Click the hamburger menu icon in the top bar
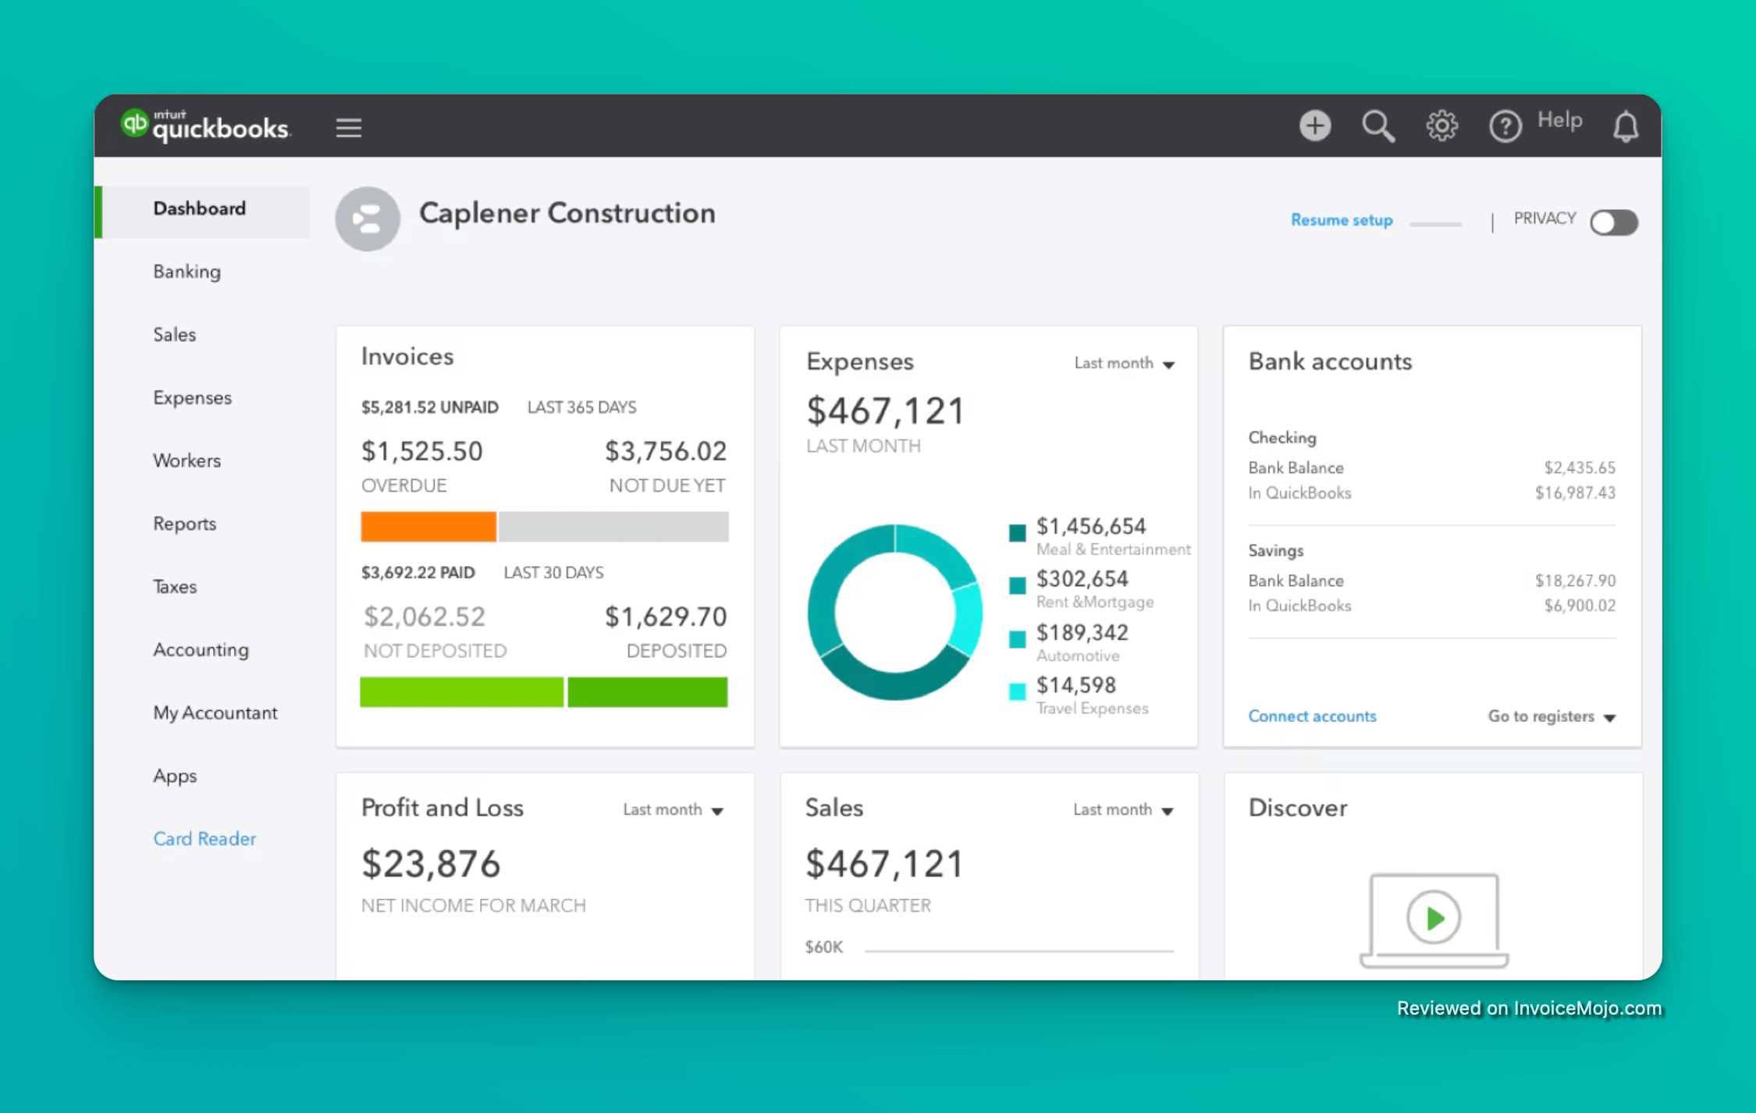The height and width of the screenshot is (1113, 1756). click(x=349, y=127)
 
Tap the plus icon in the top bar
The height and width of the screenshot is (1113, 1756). click(x=1315, y=126)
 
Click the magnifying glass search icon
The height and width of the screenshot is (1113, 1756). click(x=1378, y=126)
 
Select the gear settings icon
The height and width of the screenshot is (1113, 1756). click(x=1441, y=126)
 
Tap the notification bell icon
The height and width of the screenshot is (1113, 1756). click(x=1626, y=126)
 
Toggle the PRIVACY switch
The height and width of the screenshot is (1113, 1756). click(x=1614, y=222)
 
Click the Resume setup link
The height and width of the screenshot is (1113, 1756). click(x=1342, y=220)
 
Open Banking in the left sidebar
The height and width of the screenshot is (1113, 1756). click(x=187, y=272)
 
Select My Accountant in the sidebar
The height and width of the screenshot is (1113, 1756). click(x=215, y=713)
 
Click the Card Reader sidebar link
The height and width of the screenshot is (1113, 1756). click(x=204, y=838)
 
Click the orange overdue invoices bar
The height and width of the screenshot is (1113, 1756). click(x=428, y=527)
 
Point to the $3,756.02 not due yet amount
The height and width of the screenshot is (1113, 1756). click(x=666, y=451)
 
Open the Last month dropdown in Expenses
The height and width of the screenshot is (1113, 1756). click(x=1124, y=364)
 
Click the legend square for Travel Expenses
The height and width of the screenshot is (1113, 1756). click(x=1017, y=692)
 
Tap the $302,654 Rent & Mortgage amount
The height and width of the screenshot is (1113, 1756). click(x=1082, y=579)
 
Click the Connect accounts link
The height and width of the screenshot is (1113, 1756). click(x=1312, y=717)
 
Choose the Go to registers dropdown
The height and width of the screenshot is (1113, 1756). click(x=1551, y=717)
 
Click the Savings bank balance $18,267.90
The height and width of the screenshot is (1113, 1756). click(x=1575, y=581)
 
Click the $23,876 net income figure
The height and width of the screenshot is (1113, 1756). click(x=431, y=864)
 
